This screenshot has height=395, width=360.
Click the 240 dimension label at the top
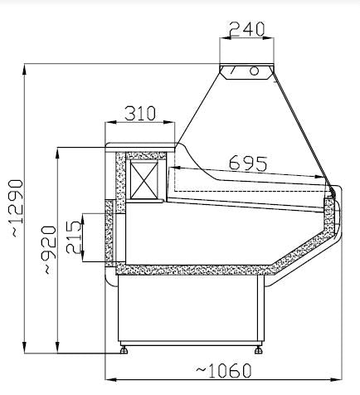pos(247,29)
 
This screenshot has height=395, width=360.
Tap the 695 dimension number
pos(247,163)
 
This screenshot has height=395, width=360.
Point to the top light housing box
pos(246,71)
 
